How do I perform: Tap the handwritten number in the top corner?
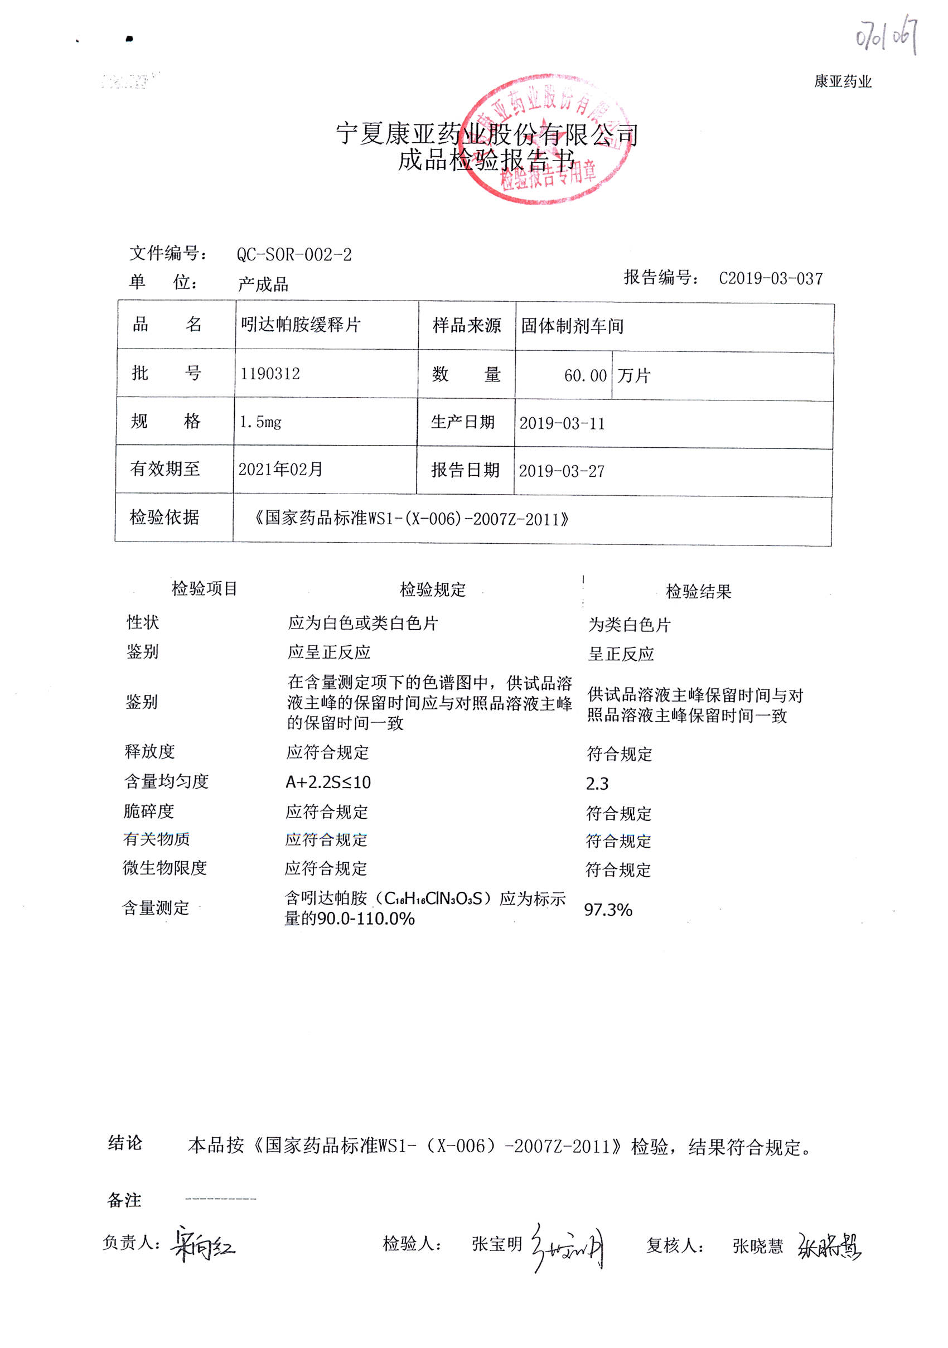886,35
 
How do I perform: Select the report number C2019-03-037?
771,278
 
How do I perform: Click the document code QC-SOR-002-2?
294,255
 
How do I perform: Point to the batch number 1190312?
270,374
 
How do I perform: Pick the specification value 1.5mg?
260,422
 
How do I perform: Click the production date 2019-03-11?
562,423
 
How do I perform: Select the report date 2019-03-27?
561,471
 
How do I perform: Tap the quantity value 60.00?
584,376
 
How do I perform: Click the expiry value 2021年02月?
280,469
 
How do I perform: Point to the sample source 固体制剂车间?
572,326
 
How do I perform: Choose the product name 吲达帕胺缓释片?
301,325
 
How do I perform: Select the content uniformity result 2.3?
597,783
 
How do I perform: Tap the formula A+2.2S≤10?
327,782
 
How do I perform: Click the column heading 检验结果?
698,591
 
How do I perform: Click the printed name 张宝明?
497,1244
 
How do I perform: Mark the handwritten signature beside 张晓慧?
829,1245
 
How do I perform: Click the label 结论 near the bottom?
125,1143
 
